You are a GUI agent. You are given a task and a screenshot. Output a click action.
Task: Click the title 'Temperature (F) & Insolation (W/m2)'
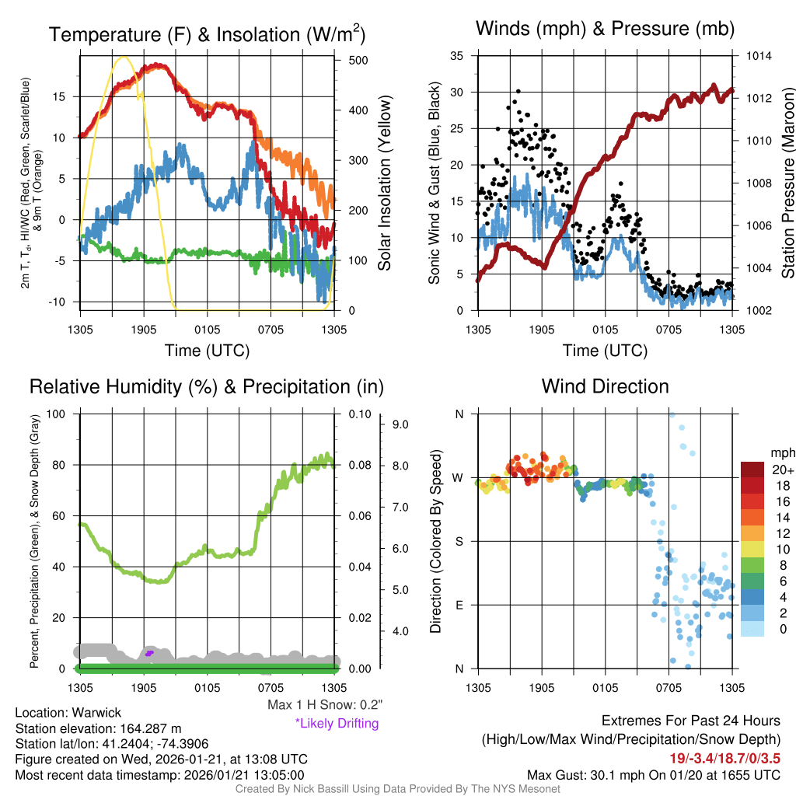tap(207, 34)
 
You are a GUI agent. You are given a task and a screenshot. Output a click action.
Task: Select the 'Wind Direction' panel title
tap(605, 386)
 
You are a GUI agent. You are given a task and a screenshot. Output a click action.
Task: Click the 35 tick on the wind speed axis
tap(457, 56)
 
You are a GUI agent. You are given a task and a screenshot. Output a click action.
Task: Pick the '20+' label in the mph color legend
tap(782, 470)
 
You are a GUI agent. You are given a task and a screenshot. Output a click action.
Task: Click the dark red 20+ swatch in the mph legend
tap(754, 470)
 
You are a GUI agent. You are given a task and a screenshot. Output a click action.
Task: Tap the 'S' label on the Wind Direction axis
tap(459, 541)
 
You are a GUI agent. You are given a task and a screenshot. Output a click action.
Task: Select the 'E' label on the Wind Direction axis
tap(459, 605)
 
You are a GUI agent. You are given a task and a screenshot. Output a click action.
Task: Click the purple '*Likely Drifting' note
tap(337, 724)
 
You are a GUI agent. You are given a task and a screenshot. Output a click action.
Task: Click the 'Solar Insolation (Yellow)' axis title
tap(385, 183)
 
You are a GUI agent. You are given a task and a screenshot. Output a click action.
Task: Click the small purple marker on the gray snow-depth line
tap(149, 654)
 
